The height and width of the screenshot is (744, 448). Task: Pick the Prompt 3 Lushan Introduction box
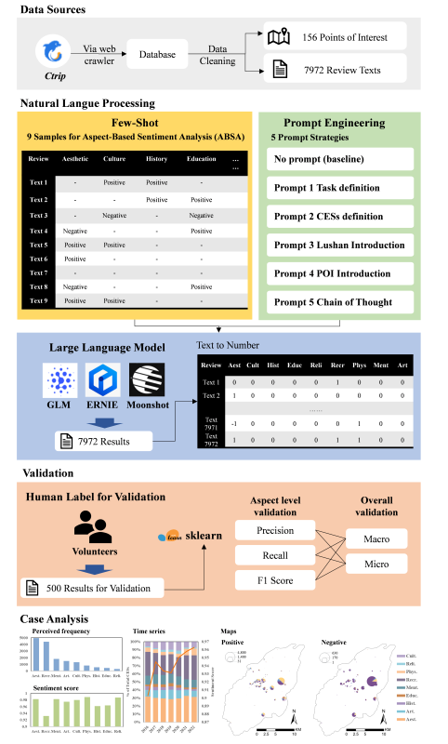tap(339, 245)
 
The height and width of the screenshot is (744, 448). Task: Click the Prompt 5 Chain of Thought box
tap(339, 301)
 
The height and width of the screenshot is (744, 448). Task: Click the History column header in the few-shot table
tap(156, 159)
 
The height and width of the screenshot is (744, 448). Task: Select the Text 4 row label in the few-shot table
tap(39, 230)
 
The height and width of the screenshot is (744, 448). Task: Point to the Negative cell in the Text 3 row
tap(113, 214)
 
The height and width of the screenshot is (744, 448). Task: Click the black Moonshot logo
tap(145, 381)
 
